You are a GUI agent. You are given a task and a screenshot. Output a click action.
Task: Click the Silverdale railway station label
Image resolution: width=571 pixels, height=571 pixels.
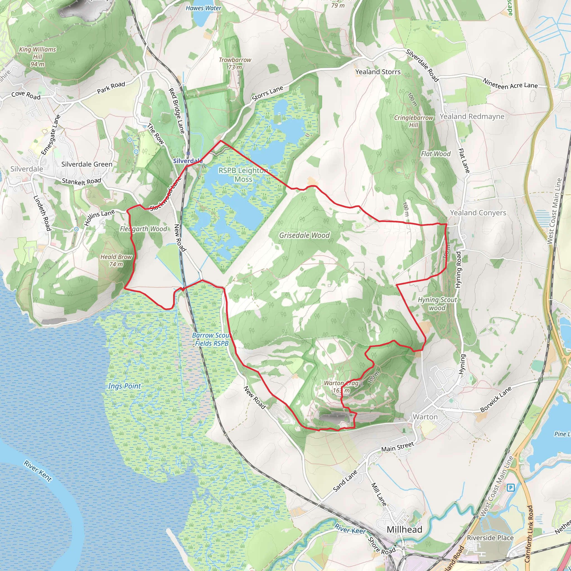click(188, 161)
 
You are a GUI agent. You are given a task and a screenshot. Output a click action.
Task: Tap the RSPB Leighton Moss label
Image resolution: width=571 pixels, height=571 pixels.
click(243, 175)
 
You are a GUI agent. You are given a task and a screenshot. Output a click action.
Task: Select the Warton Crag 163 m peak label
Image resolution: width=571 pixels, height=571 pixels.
click(341, 387)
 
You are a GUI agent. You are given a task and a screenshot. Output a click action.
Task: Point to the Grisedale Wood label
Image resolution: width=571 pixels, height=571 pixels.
click(304, 235)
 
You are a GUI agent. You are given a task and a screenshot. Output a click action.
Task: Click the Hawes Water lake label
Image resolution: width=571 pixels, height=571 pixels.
click(203, 8)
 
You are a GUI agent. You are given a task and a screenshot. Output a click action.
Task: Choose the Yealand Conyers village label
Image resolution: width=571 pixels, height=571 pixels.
click(478, 213)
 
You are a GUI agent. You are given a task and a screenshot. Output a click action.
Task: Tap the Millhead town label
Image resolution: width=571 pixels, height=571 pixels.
click(404, 529)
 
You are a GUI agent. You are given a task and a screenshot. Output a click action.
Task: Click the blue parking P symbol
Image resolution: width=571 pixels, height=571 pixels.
click(510, 487)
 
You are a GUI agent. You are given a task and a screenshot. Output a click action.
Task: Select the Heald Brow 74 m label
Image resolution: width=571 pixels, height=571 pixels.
click(116, 260)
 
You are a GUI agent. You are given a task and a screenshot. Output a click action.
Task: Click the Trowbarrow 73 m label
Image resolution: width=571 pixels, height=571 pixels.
click(235, 63)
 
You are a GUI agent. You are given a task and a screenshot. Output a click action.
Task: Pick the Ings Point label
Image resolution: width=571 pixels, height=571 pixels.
click(124, 386)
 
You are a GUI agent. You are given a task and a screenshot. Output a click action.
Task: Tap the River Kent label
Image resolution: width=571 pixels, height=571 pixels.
click(38, 471)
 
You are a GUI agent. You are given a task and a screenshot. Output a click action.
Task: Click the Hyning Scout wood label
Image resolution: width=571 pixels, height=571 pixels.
click(437, 304)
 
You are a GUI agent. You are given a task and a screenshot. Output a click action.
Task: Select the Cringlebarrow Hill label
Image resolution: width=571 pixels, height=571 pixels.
click(413, 121)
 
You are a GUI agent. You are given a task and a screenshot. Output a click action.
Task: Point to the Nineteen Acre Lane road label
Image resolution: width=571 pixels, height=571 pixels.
click(510, 84)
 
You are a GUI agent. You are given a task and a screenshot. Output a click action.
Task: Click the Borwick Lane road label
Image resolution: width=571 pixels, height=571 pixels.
click(496, 399)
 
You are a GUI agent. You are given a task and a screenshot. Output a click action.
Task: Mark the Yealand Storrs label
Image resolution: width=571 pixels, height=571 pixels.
click(378, 72)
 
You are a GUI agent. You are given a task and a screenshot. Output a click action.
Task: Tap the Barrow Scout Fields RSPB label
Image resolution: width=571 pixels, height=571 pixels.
click(212, 339)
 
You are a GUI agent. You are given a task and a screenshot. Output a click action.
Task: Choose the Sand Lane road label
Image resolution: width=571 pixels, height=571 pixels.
click(345, 481)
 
